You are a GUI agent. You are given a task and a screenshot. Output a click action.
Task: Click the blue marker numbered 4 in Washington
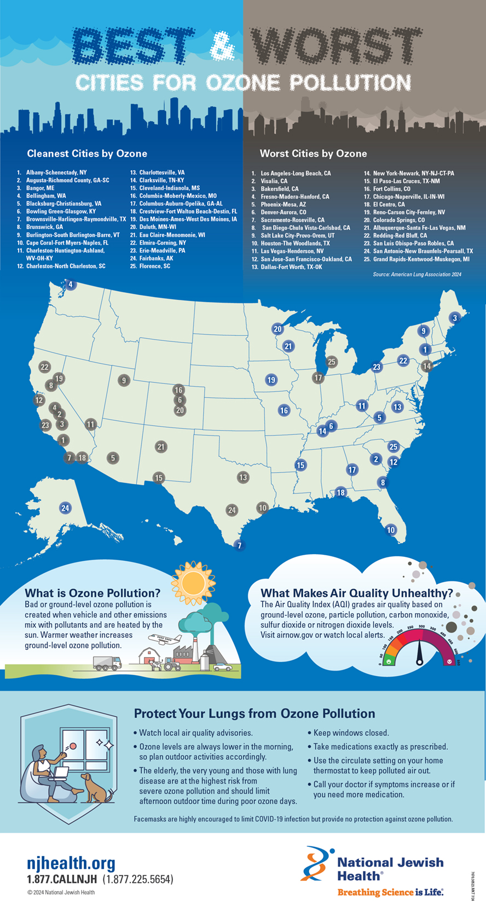[70, 284]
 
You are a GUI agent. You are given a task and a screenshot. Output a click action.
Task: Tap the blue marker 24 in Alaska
[65, 508]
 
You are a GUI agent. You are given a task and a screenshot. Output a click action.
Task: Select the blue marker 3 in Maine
[454, 318]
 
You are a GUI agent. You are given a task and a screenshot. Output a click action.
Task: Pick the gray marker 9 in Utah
[124, 380]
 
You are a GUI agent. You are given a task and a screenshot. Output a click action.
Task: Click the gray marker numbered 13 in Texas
[242, 477]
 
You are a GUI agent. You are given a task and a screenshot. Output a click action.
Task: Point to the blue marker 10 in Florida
[391, 530]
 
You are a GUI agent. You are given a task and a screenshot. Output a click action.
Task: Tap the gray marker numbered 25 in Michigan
[331, 362]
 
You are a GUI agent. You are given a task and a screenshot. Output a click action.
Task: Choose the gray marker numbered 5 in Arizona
[113, 458]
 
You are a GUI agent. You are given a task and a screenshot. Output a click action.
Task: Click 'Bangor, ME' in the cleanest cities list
[40, 188]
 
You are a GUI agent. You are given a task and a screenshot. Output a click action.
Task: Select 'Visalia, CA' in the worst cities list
[274, 181]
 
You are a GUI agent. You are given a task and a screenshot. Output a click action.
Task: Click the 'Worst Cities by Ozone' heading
[313, 154]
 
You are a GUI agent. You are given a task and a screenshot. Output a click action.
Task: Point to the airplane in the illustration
[165, 638]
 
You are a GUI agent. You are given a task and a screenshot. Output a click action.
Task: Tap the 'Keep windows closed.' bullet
[350, 733]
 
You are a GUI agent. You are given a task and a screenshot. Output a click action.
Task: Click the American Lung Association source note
[417, 274]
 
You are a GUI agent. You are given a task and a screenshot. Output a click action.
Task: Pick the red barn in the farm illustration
[149, 655]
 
